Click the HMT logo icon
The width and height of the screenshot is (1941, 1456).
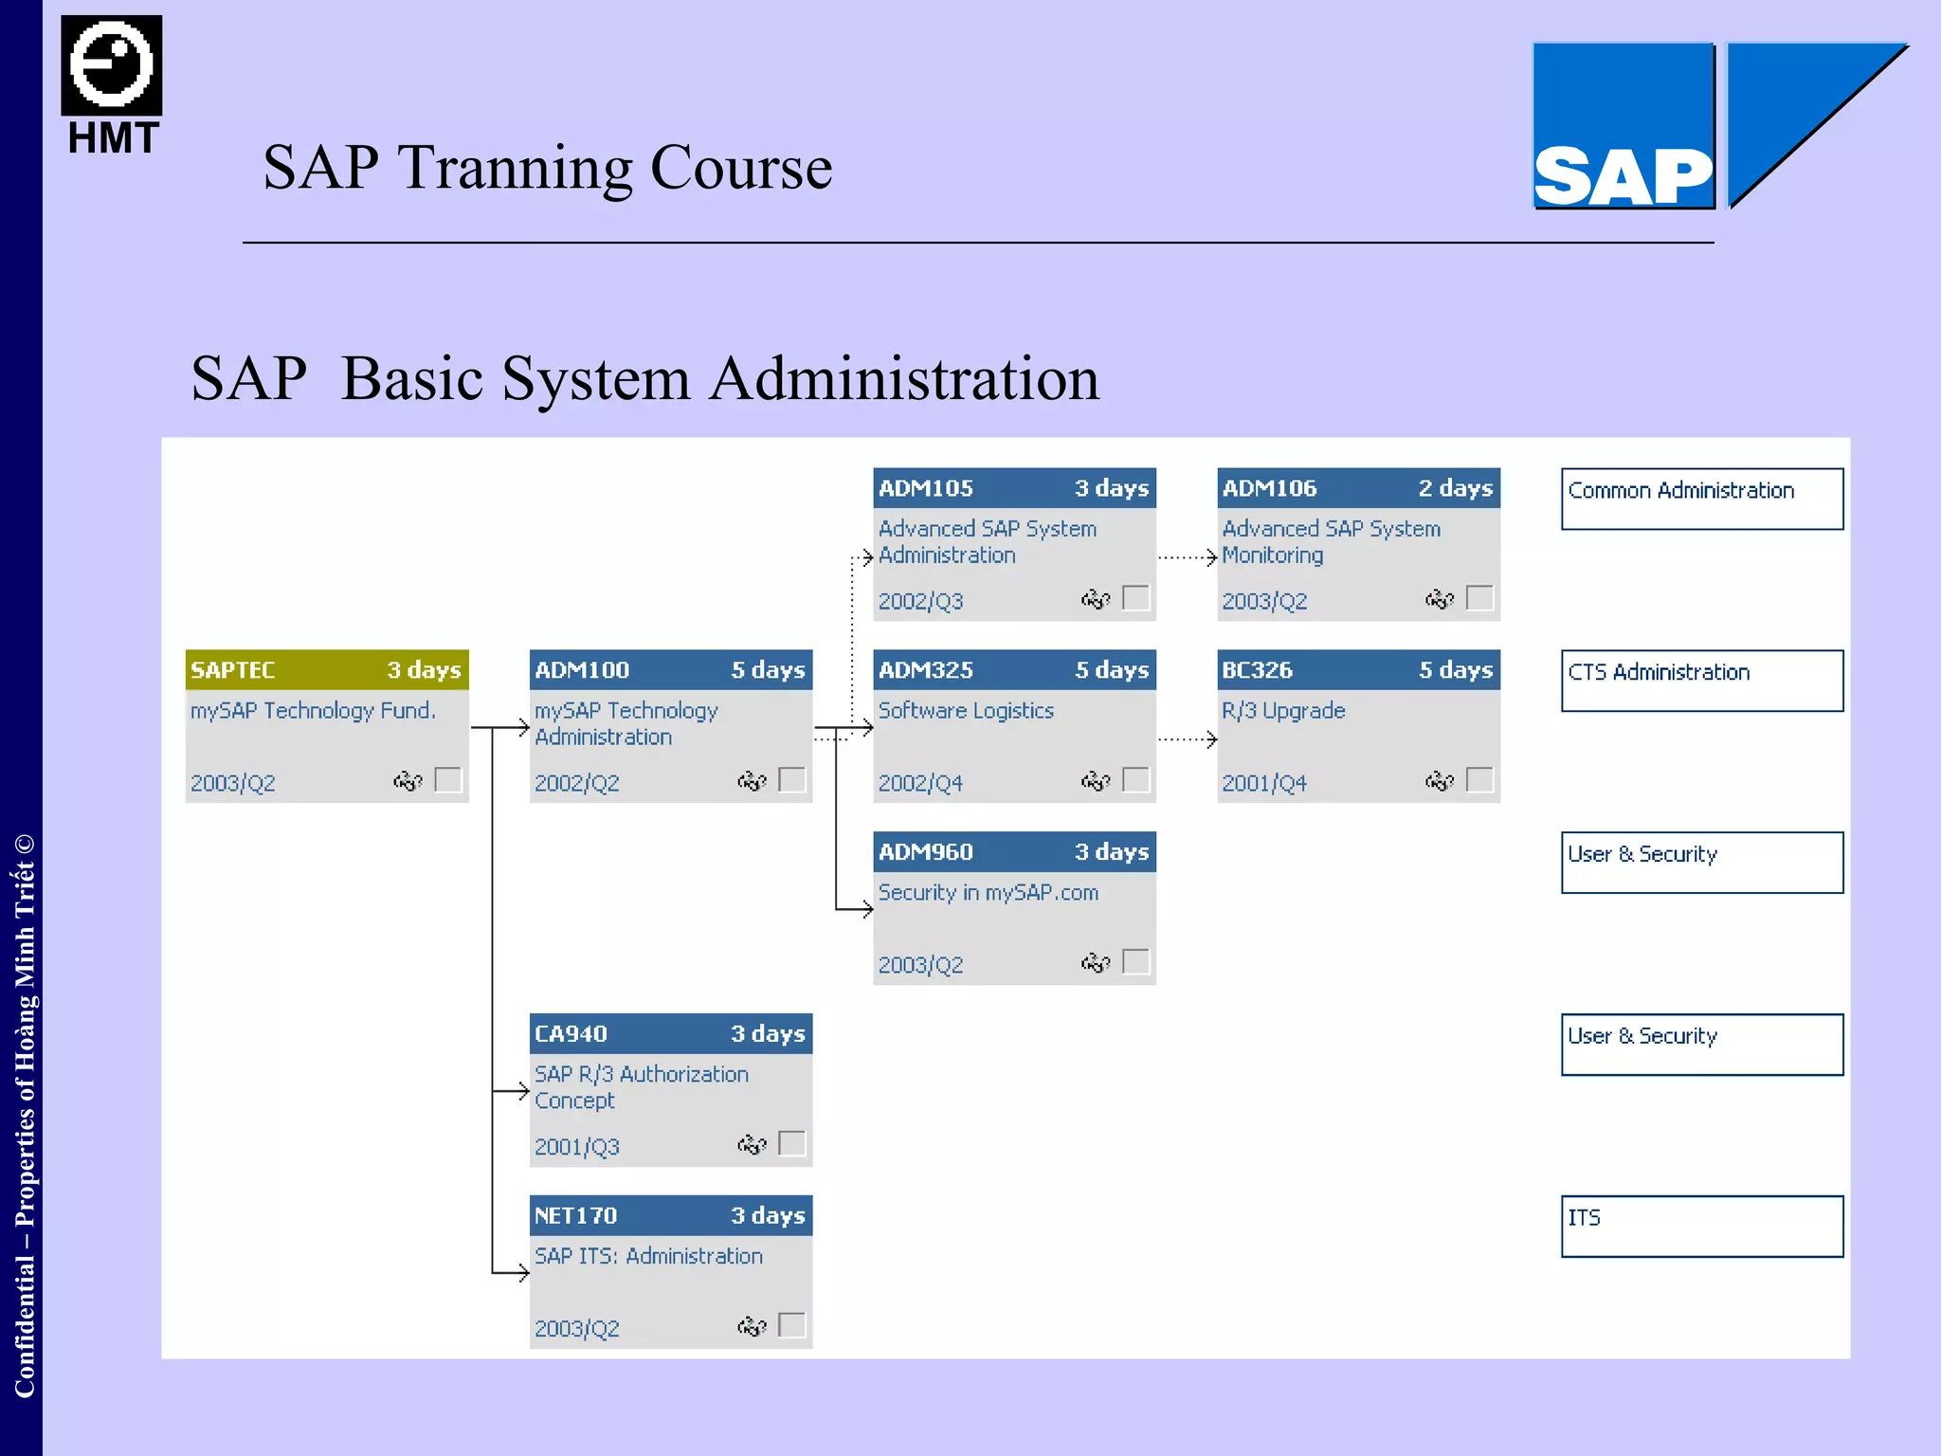coord(112,65)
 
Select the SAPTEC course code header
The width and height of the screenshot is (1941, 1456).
coord(233,670)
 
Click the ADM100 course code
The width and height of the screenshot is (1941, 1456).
coord(582,670)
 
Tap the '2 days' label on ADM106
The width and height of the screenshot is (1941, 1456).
coord(1455,488)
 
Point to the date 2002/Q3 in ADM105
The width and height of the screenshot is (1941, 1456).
coord(920,601)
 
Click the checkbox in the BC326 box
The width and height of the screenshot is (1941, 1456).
coord(1479,779)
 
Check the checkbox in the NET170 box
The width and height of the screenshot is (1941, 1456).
coord(791,1324)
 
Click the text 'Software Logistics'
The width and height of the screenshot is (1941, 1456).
coord(966,711)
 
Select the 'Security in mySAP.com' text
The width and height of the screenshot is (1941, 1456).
coord(988,893)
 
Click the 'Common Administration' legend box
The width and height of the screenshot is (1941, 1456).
coord(1702,499)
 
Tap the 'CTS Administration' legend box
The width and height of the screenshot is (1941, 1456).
coord(1702,681)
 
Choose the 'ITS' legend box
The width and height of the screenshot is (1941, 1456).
coord(1702,1227)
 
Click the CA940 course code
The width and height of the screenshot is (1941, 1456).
coord(571,1034)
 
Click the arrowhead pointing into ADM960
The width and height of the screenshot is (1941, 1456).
coord(866,910)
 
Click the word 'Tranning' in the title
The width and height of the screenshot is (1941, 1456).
coord(516,168)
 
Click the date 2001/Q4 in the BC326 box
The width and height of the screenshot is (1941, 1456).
coord(1263,783)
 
